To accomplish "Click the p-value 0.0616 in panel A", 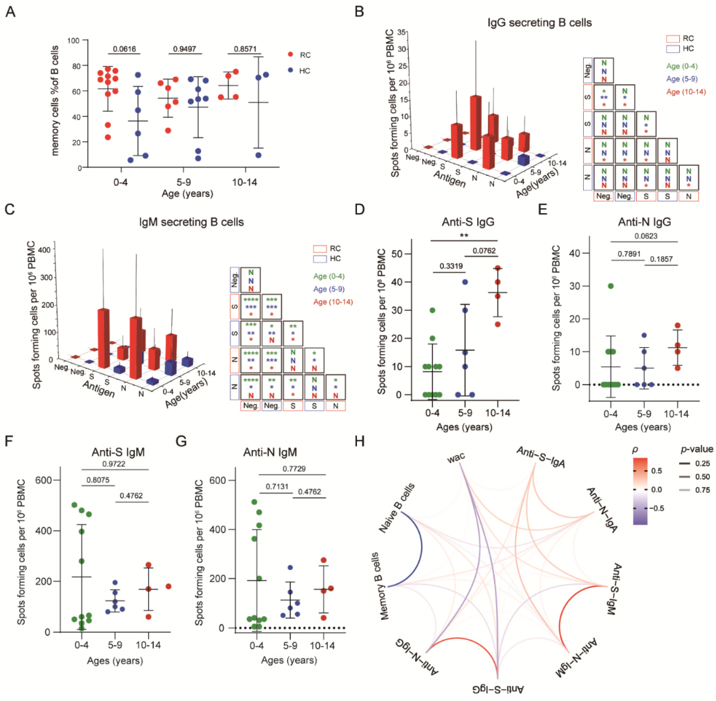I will click(124, 49).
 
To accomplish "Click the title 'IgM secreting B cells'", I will click(191, 222).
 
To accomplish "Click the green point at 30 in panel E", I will click(611, 286).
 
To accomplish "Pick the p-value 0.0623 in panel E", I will click(646, 236).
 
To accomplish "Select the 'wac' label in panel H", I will click(456, 458).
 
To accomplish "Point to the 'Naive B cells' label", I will click(397, 508).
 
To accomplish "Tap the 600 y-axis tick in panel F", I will click(43, 480).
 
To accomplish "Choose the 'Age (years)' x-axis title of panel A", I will click(187, 193).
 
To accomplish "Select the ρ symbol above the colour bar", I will click(635, 450).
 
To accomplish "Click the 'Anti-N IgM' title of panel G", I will click(270, 452).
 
